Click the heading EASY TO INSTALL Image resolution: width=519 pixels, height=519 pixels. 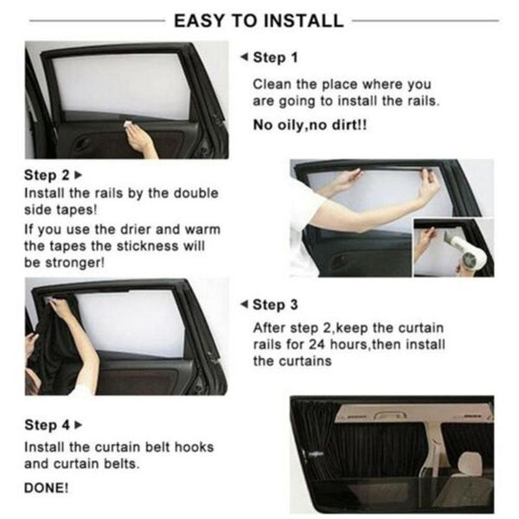(x=259, y=20)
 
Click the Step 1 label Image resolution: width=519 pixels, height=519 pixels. (x=274, y=57)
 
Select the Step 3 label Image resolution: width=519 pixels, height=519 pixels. (x=274, y=304)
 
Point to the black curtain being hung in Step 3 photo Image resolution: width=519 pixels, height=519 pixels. (x=61, y=346)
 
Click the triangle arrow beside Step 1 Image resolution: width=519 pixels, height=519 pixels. (x=242, y=57)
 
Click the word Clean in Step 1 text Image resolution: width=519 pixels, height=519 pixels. (x=270, y=85)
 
